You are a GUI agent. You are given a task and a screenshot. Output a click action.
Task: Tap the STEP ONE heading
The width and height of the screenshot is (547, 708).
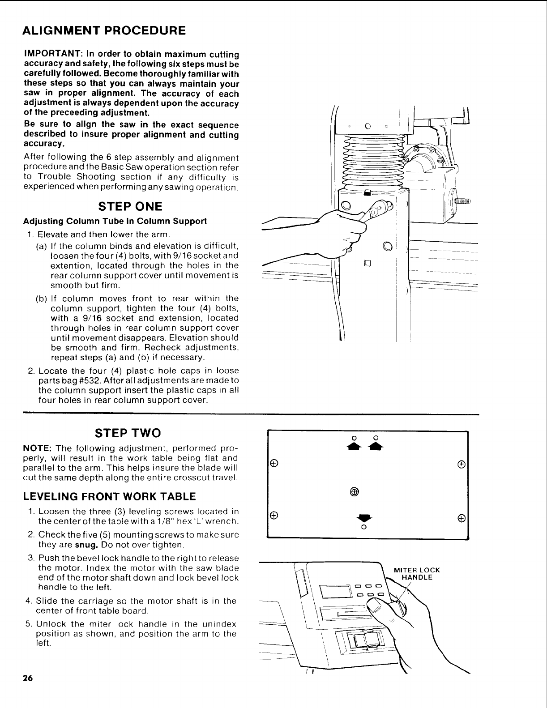coord(130,207)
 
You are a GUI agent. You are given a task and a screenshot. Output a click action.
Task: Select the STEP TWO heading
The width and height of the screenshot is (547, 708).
coord(128,433)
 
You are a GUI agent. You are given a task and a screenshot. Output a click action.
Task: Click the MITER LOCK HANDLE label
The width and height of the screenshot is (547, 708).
coord(416,574)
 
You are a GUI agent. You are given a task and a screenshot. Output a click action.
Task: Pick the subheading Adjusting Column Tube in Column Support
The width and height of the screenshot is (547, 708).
coord(115,221)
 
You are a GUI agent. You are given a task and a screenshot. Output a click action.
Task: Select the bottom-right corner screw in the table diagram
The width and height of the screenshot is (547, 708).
coord(461,518)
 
